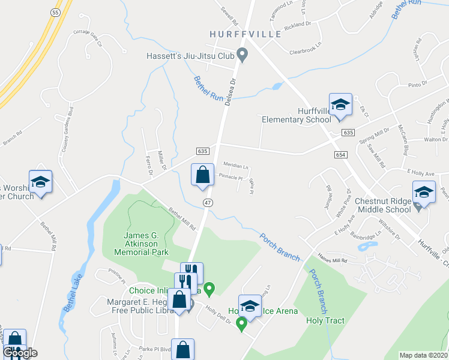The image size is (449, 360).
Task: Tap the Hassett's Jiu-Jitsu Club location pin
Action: (x=242, y=55)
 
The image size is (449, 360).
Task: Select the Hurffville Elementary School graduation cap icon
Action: (x=340, y=104)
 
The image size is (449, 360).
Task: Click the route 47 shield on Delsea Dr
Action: (x=208, y=203)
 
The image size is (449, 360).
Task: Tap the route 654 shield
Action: (x=341, y=155)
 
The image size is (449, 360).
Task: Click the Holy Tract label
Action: (x=325, y=320)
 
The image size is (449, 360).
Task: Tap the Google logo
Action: (x=20, y=352)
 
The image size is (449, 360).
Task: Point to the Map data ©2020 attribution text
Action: (x=423, y=355)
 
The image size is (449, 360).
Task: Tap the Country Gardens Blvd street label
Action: (x=66, y=126)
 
